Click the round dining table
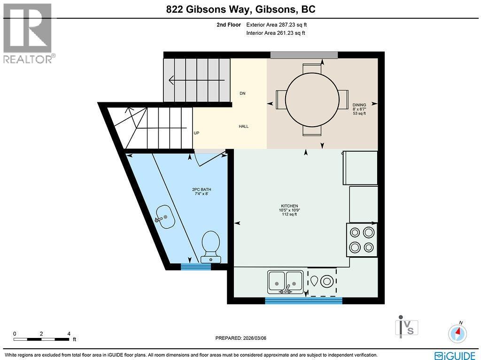(312, 99)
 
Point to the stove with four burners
(362, 239)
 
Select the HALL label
(243, 126)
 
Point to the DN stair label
(242, 93)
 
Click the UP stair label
(196, 133)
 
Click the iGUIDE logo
(455, 355)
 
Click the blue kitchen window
(303, 300)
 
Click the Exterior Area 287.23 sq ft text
(276, 24)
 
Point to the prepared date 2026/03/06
(243, 338)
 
